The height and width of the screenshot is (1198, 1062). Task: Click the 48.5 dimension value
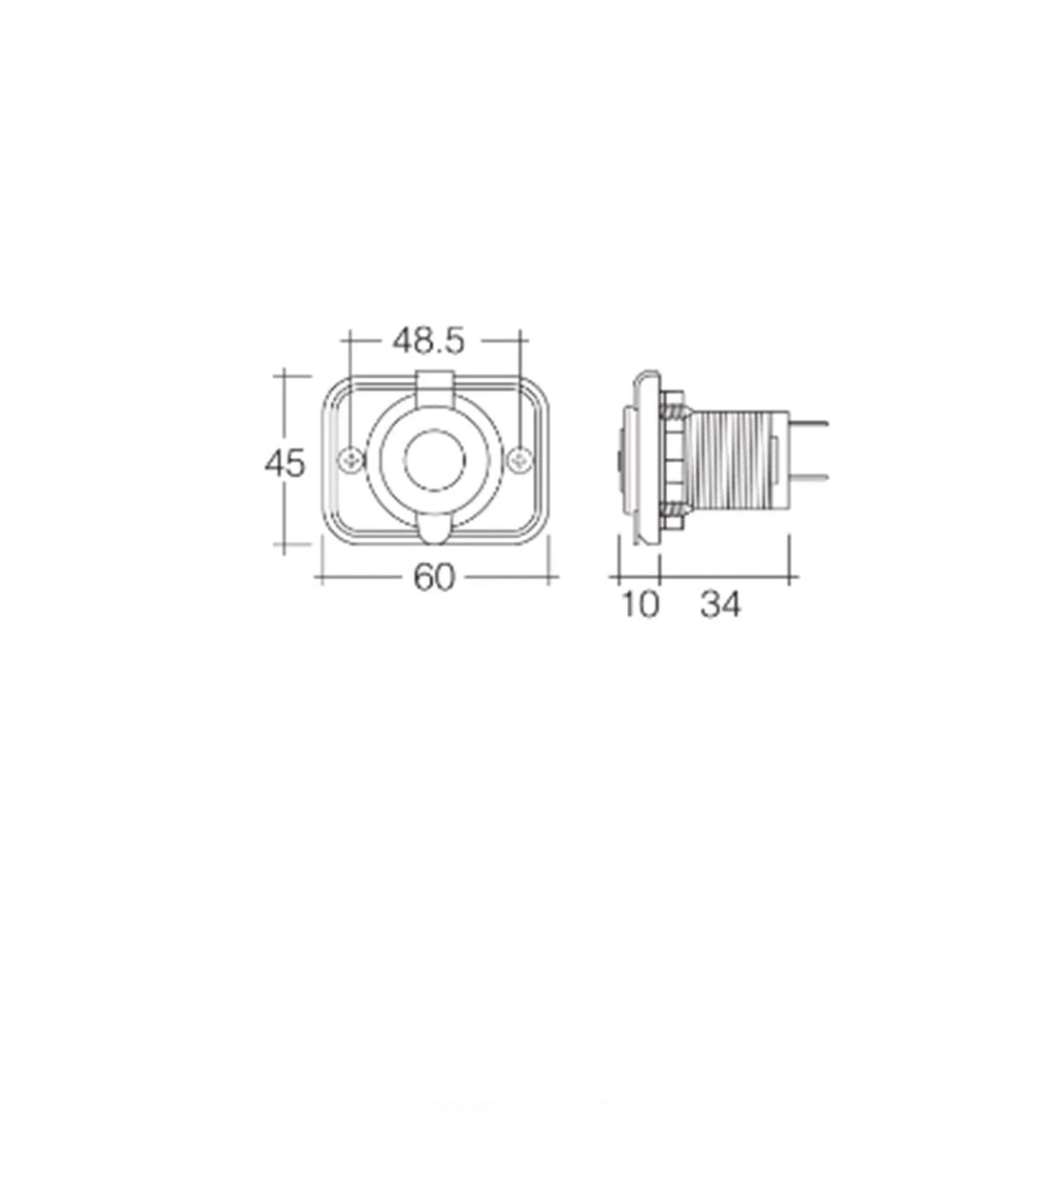click(428, 341)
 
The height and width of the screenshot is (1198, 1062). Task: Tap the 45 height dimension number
click(285, 463)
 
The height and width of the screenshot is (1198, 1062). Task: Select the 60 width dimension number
click(434, 577)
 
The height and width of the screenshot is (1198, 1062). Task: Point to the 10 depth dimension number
click(640, 605)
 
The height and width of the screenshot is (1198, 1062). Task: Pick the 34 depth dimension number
click(719, 605)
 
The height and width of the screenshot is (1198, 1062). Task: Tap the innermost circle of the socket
click(434, 460)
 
